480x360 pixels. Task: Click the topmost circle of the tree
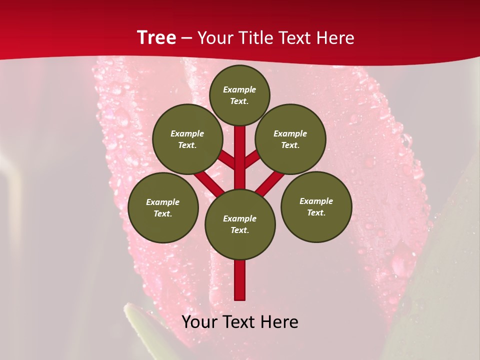point(239,95)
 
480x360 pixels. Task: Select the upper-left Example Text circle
point(187,139)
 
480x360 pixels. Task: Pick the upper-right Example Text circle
point(290,139)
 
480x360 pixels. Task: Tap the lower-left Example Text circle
point(163,207)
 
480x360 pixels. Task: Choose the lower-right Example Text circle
point(316,206)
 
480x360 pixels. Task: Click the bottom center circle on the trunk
point(240,224)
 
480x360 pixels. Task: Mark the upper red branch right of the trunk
point(252,159)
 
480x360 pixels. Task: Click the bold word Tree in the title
point(156,37)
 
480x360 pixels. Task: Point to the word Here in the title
point(335,37)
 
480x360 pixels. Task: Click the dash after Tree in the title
point(187,38)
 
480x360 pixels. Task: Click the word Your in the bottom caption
point(199,322)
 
